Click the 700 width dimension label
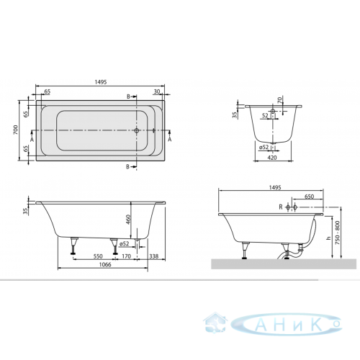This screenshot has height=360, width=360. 16,130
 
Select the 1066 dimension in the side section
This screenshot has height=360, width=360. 105,264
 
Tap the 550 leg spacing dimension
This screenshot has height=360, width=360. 98,256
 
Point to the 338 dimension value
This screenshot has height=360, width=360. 153,256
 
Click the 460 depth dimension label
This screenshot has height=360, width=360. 128,220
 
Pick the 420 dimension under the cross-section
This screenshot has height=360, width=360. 272,158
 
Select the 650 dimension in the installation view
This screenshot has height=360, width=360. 309,197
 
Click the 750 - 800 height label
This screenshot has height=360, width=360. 338,233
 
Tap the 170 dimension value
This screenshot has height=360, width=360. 126,256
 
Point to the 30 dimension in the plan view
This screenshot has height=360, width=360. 157,91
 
